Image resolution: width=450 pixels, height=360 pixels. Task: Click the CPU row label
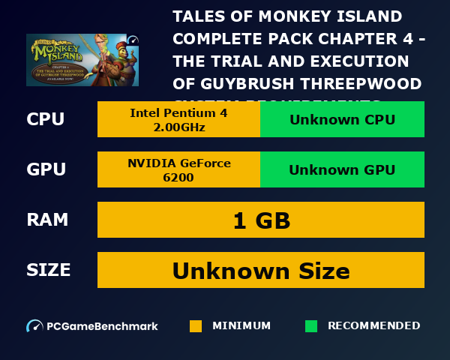pos(45,119)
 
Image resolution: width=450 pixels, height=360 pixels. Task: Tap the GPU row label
pos(46,169)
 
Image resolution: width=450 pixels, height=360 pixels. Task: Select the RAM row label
pos(47,220)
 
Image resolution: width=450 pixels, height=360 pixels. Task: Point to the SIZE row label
pos(49,270)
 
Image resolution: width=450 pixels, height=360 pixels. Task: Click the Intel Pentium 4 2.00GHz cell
pos(178,119)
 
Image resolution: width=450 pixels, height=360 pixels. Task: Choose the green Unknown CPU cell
pos(342,119)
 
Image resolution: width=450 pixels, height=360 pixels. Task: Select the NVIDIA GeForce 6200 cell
pos(178,169)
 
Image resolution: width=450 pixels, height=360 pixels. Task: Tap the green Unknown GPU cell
pos(342,169)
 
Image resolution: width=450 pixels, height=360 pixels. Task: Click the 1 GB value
pos(261,220)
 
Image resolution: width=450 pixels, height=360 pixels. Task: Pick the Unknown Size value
pos(261,271)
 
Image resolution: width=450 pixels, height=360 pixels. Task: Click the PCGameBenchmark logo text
pos(102,326)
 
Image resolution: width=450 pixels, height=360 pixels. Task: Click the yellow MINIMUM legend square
pos(196,326)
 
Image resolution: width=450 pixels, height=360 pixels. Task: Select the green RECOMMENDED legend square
pos(311,326)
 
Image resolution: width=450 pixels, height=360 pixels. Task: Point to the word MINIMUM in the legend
pos(241,326)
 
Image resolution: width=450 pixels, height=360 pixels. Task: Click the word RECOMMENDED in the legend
pos(373,326)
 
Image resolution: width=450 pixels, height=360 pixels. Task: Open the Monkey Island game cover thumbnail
pos(82,60)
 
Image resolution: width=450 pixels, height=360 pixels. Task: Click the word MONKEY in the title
pos(271,16)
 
